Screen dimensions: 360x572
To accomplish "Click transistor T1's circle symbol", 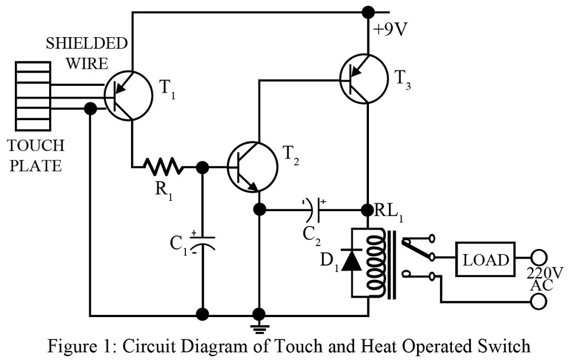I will [x=128, y=96].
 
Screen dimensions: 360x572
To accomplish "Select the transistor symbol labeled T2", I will [x=252, y=167].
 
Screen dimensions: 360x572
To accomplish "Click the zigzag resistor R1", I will [x=165, y=167].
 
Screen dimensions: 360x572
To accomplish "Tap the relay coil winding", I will [x=374, y=263].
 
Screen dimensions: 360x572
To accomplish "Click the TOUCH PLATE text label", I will [x=36, y=156].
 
